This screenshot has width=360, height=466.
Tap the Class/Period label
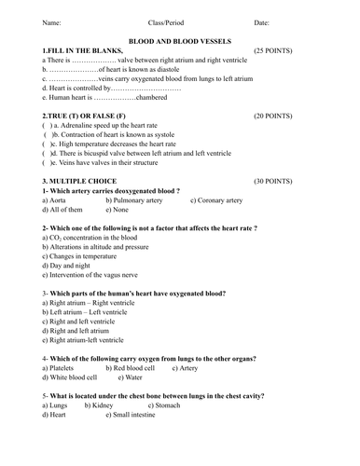pyautogui.click(x=167, y=21)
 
